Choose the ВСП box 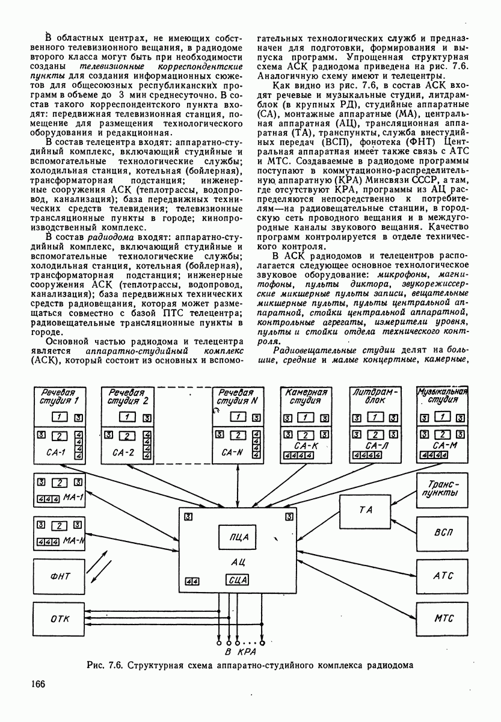tap(443, 532)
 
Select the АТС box tap(443, 576)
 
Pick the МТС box tap(443, 619)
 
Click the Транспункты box tap(443, 489)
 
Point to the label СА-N tap(232, 451)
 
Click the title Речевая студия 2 tap(128, 397)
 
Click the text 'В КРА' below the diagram tap(241, 652)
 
